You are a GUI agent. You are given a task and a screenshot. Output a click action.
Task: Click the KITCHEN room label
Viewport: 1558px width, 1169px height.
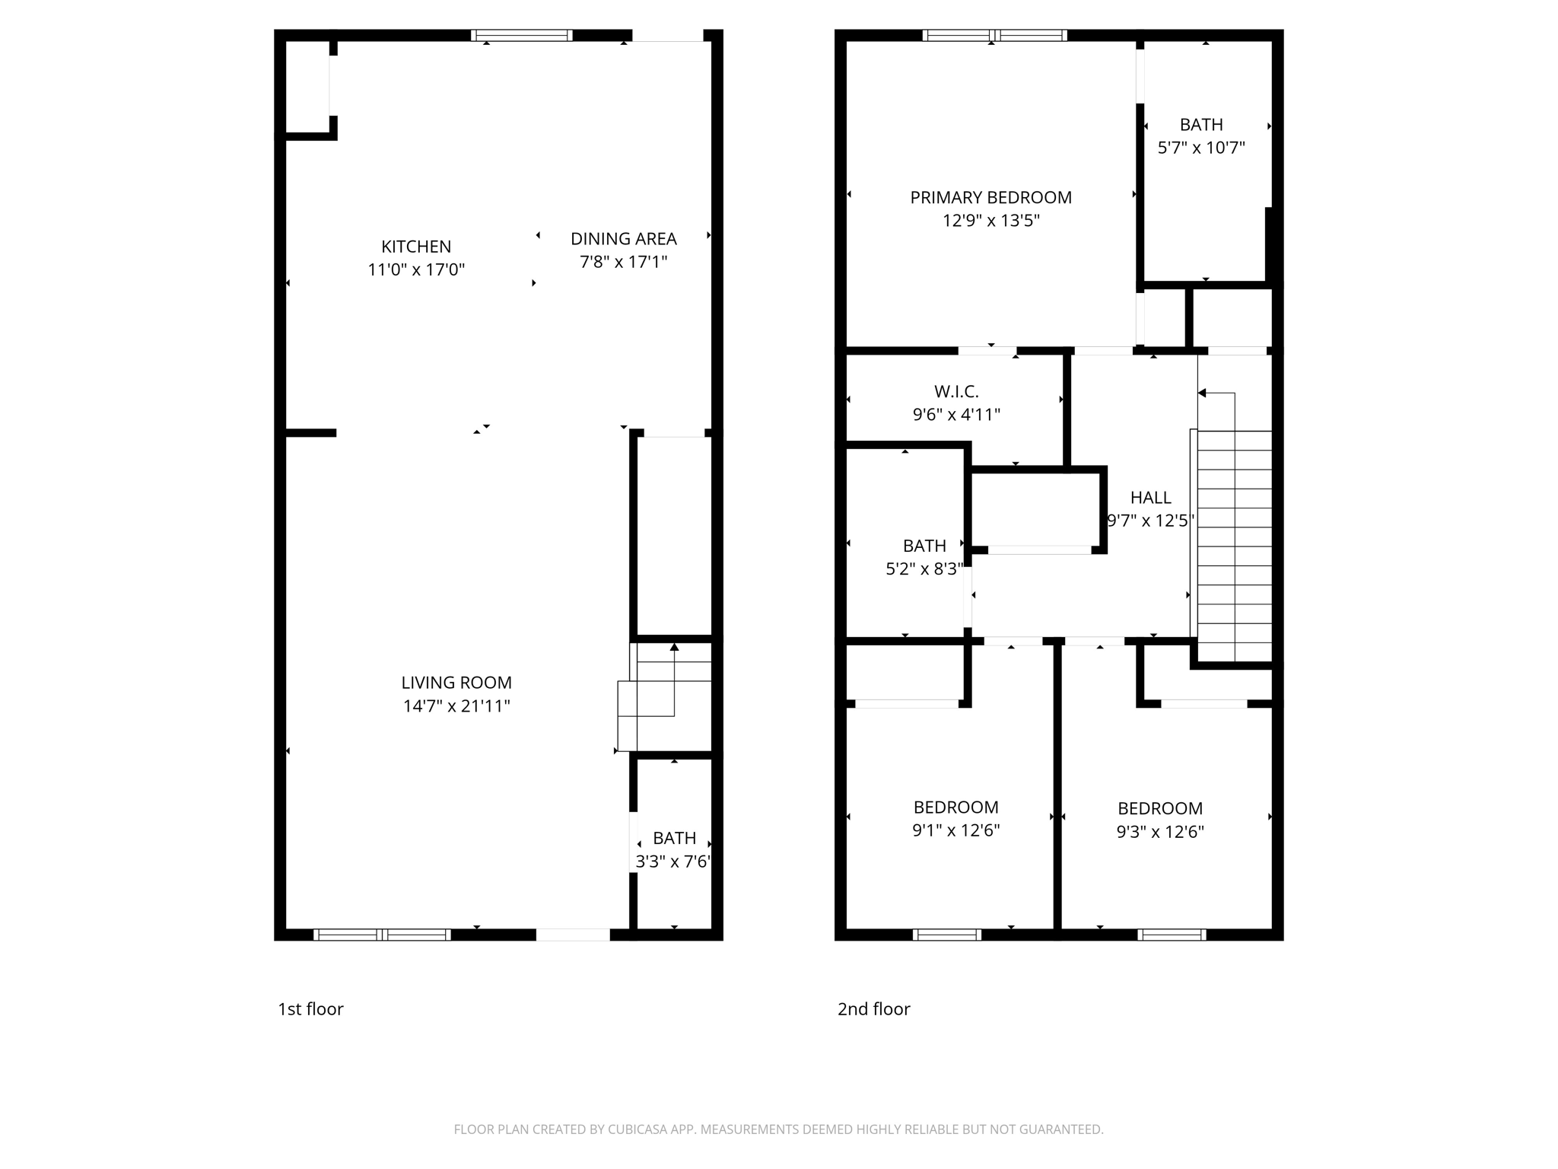coord(416,247)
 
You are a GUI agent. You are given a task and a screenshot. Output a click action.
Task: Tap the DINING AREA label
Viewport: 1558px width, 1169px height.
coord(623,239)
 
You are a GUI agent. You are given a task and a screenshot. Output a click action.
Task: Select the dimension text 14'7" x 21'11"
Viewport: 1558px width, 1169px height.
coord(456,706)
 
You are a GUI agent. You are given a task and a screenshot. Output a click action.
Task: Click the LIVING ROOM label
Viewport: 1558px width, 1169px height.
coord(456,683)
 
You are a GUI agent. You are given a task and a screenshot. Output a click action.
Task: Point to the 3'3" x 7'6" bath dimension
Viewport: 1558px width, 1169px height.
coord(673,862)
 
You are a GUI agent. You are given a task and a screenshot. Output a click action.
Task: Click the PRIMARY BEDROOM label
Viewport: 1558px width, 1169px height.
coord(990,198)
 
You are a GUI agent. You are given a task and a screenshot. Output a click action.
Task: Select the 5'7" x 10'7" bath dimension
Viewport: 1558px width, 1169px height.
coord(1200,148)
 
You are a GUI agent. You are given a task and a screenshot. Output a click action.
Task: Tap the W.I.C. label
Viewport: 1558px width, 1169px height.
coord(956,392)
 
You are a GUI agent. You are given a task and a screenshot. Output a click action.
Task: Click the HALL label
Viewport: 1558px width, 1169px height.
coord(1150,498)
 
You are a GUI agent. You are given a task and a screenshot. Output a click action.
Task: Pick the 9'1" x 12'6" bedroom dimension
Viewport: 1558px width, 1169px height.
coord(955,830)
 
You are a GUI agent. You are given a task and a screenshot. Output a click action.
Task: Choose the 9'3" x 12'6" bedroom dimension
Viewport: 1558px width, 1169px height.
coord(1159,832)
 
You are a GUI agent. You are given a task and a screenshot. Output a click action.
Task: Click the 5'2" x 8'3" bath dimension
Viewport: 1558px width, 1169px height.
coord(924,569)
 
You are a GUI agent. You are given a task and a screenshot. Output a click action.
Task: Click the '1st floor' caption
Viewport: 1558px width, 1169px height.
coord(310,1009)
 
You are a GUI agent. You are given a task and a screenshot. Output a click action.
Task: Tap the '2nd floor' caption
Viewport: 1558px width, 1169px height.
coord(873,1009)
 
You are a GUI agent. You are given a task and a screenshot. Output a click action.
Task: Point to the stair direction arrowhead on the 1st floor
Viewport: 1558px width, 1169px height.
coord(674,648)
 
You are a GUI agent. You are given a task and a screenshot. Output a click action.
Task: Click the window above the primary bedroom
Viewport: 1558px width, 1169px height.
coord(994,35)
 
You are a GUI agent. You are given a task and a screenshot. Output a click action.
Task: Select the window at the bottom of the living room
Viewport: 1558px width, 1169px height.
coord(382,935)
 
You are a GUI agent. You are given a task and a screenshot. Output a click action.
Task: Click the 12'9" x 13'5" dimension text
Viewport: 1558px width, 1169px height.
coord(990,221)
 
